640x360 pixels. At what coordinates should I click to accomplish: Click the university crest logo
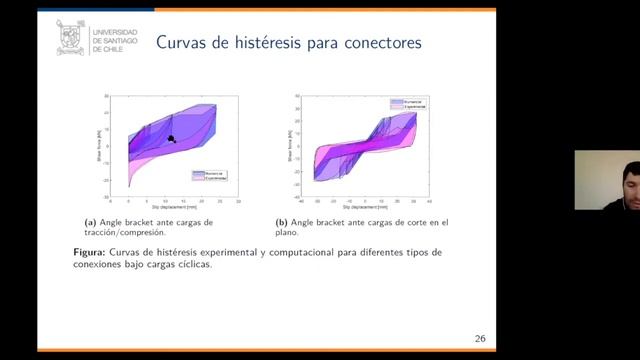[70, 39]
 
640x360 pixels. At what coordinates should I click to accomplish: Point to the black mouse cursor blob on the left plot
[171, 139]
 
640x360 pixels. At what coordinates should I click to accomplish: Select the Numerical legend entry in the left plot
[214, 173]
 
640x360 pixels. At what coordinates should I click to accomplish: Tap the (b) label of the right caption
[282, 222]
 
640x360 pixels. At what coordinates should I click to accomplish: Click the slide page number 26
[480, 338]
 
